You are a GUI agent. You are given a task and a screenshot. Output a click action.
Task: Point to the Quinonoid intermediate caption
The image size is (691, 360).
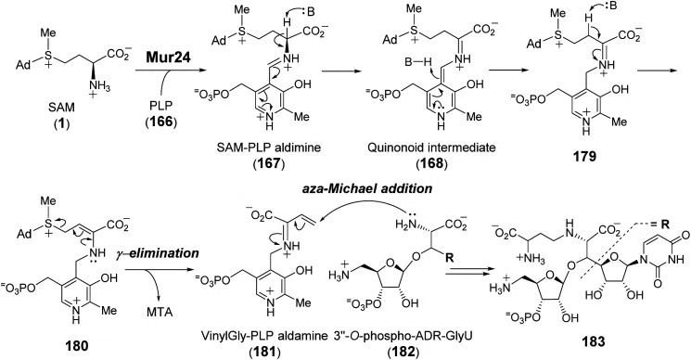tap(431, 148)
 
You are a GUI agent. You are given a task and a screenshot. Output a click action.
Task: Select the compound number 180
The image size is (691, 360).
tap(77, 345)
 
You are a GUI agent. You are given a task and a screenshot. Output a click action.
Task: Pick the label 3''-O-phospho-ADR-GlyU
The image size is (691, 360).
tap(389, 338)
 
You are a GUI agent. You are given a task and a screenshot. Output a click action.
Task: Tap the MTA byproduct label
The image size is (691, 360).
tap(160, 313)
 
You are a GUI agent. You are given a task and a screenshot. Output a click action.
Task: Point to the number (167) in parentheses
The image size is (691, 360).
tap(269, 162)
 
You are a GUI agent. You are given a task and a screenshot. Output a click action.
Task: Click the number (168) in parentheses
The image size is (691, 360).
tap(431, 162)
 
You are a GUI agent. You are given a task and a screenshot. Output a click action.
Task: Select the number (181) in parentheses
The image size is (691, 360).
tap(270, 353)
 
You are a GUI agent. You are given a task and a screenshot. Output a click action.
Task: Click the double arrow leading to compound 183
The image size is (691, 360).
tap(467, 274)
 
